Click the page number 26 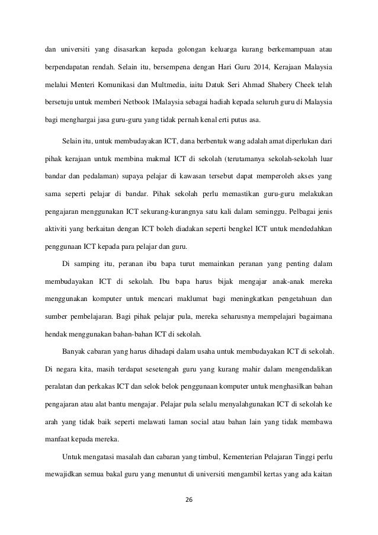(x=189, y=499)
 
